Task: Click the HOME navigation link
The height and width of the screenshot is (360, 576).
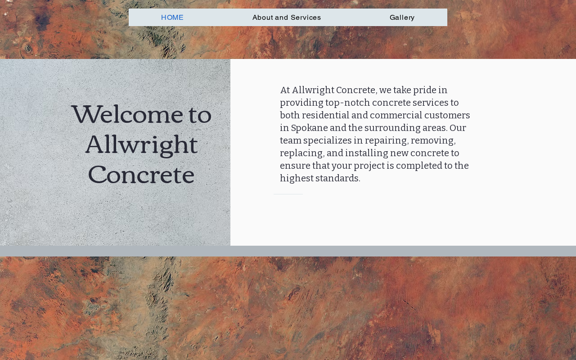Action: [172, 18]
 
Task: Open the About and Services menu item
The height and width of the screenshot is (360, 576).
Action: [287, 18]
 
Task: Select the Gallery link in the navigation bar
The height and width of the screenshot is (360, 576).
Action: [402, 18]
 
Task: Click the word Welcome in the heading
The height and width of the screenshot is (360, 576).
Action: [127, 114]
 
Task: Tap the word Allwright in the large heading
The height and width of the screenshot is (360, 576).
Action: [141, 145]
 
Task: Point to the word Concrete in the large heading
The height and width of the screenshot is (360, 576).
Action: [141, 175]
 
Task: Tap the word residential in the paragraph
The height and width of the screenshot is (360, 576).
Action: [325, 115]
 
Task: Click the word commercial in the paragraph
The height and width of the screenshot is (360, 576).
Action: [396, 115]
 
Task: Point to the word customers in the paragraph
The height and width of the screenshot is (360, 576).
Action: [447, 116]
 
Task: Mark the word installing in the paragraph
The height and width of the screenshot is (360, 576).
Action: [367, 153]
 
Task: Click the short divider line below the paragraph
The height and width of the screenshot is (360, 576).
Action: [288, 194]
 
